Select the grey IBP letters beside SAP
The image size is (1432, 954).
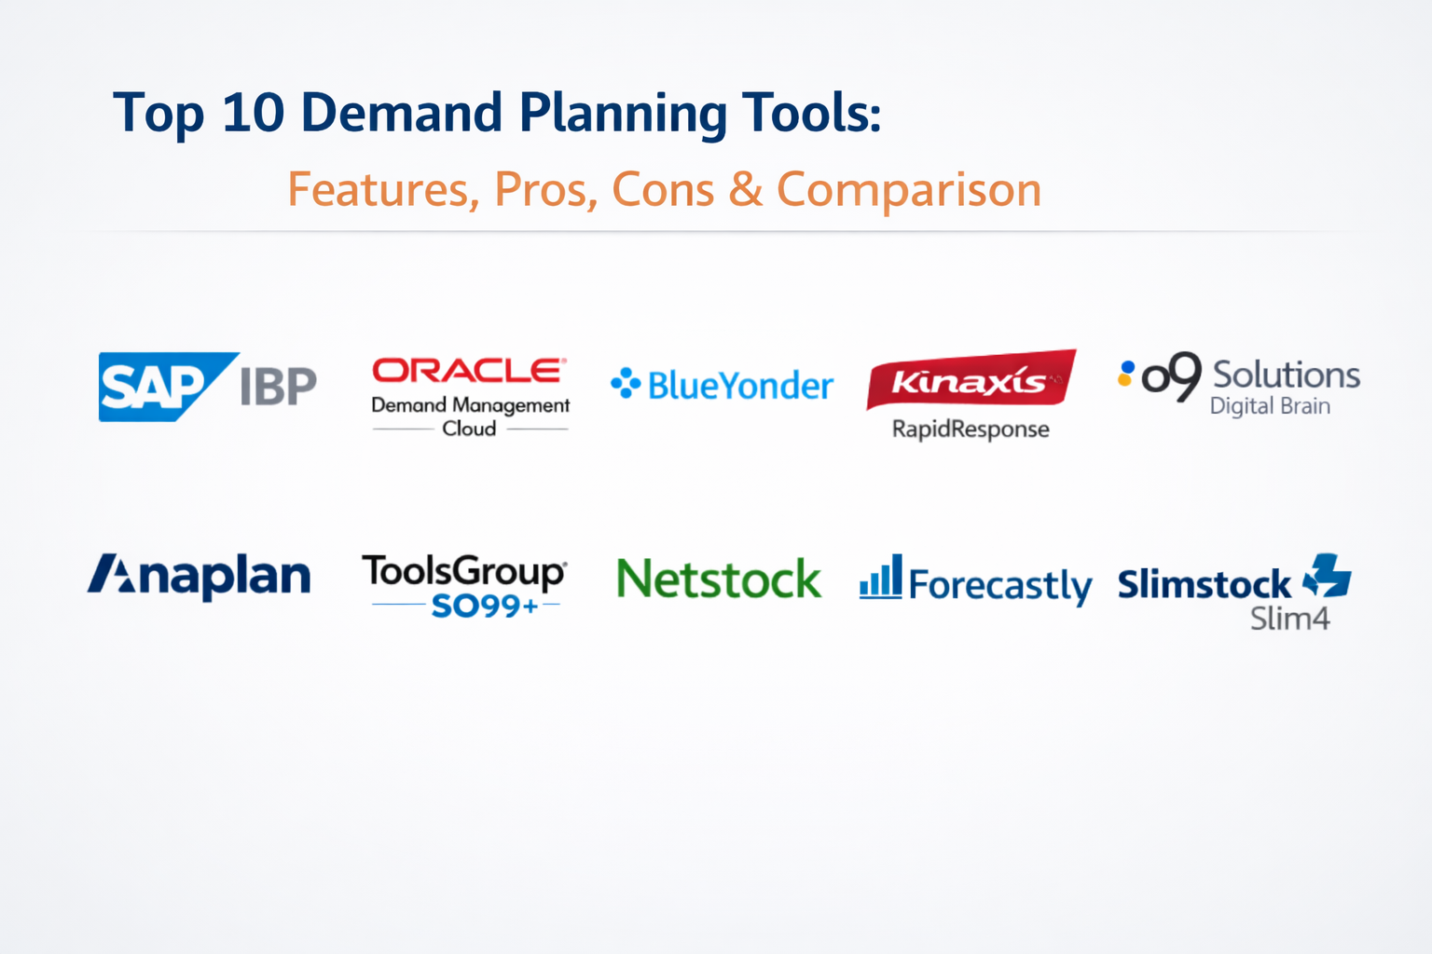pyautogui.click(x=279, y=386)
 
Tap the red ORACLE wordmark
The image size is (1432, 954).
pyautogui.click(x=469, y=370)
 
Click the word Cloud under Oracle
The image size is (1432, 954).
pyautogui.click(x=469, y=429)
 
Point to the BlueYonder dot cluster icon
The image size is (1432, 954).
pyautogui.click(x=626, y=384)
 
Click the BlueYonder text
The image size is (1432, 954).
pyautogui.click(x=741, y=386)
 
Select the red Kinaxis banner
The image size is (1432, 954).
pyautogui.click(x=971, y=379)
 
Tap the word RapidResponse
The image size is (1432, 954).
pyautogui.click(x=971, y=429)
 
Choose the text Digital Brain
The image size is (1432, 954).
pyautogui.click(x=1271, y=406)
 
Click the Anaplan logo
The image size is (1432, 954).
pyautogui.click(x=199, y=577)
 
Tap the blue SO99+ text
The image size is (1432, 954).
pyautogui.click(x=485, y=606)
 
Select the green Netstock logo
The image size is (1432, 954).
pyautogui.click(x=719, y=579)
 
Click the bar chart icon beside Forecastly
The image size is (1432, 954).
pyautogui.click(x=881, y=577)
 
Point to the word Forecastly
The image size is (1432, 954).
pyautogui.click(x=1000, y=585)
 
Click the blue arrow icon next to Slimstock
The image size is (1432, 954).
pyautogui.click(x=1328, y=575)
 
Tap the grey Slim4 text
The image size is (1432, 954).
pyautogui.click(x=1290, y=619)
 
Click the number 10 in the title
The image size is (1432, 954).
pyautogui.click(x=254, y=113)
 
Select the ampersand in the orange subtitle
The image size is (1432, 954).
pyautogui.click(x=746, y=189)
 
